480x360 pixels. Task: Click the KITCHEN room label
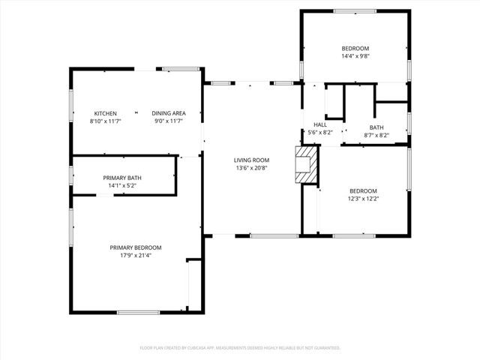[x=105, y=113]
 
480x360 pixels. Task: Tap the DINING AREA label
[x=169, y=113]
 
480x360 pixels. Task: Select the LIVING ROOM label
[x=251, y=160]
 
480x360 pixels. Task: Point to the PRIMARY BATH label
[x=122, y=178]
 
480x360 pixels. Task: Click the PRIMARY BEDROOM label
[x=136, y=247]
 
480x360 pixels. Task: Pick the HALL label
[x=320, y=125]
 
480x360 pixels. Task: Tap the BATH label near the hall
[x=376, y=127]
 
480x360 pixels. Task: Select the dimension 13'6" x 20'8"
[x=251, y=168]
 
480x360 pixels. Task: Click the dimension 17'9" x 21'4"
[x=136, y=256]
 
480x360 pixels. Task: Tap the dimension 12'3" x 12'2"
[x=363, y=199]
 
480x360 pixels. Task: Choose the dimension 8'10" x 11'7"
[x=105, y=121]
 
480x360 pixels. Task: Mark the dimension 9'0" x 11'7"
[x=169, y=121]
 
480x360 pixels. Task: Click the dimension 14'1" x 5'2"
[x=122, y=185]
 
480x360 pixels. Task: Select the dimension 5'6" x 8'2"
[x=320, y=133]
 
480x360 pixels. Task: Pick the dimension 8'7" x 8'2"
[x=376, y=135]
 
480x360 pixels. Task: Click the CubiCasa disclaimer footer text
[x=240, y=348]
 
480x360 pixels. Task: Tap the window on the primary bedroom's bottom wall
[x=138, y=312]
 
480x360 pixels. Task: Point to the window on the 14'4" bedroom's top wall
[x=355, y=10]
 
